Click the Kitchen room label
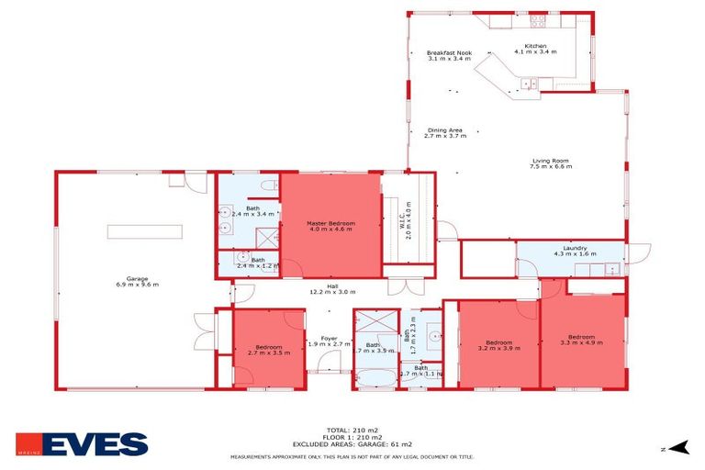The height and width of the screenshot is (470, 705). click(535, 46)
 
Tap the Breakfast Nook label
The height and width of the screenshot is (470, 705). click(449, 53)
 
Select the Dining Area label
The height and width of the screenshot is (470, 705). click(445, 130)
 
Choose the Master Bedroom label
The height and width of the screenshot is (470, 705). click(330, 223)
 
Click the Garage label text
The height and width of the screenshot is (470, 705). click(137, 279)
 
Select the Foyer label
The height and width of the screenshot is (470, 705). click(329, 339)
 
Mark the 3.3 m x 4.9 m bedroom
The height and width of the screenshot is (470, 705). click(581, 341)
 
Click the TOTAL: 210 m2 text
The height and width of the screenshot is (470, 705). click(352, 430)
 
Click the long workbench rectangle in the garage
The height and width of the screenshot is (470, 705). click(144, 232)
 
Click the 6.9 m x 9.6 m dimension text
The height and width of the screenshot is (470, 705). click(137, 285)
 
